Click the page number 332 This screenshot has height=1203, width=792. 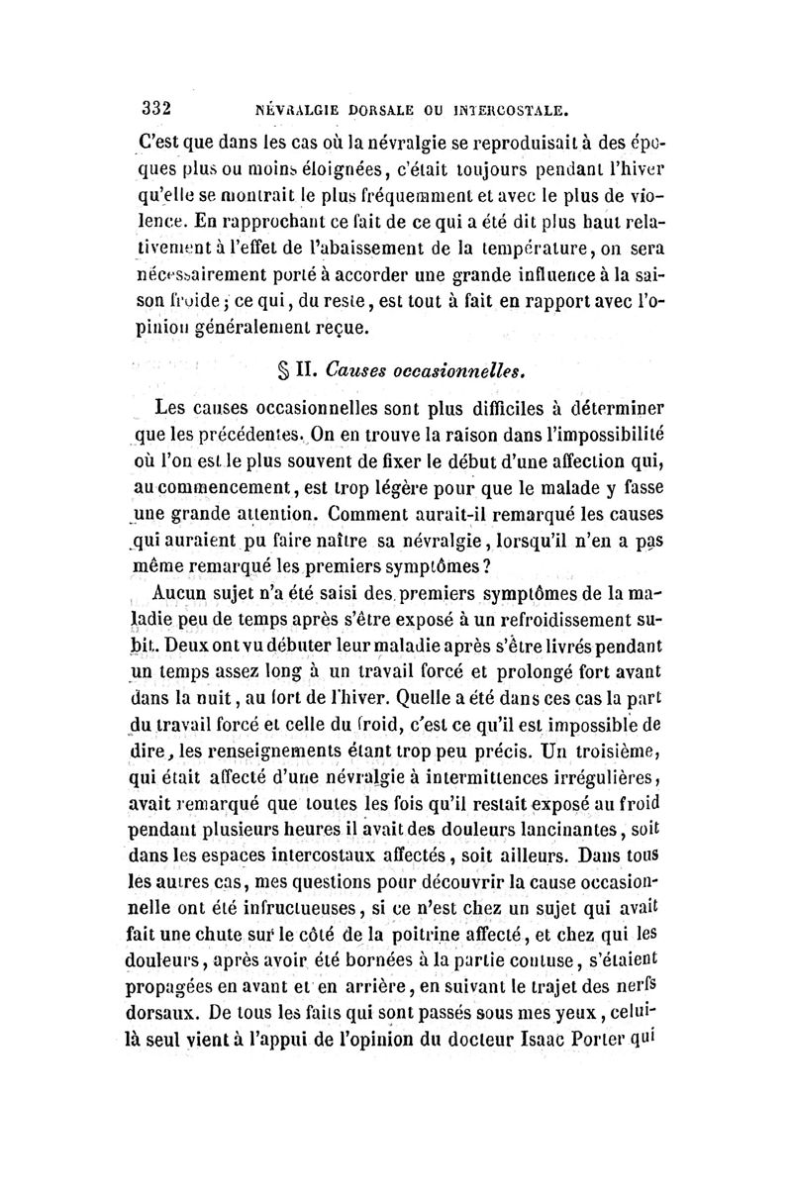tap(157, 107)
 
